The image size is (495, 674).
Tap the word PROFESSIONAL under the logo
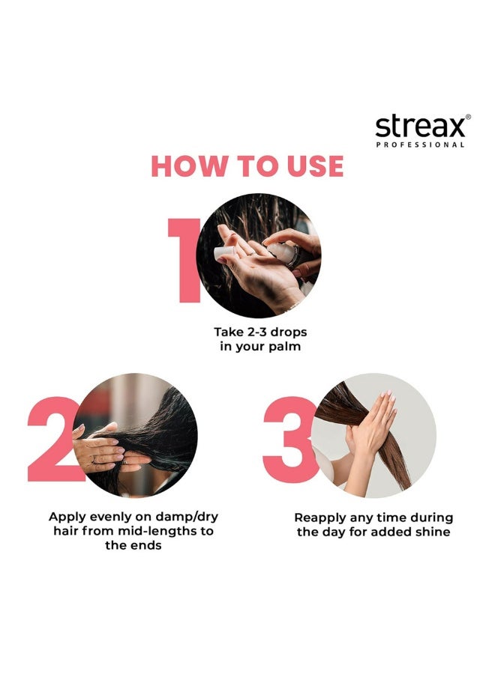tap(420, 145)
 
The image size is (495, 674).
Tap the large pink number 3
tap(289, 439)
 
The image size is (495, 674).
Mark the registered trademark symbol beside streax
tap(469, 117)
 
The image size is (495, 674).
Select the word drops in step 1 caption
tap(288, 331)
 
